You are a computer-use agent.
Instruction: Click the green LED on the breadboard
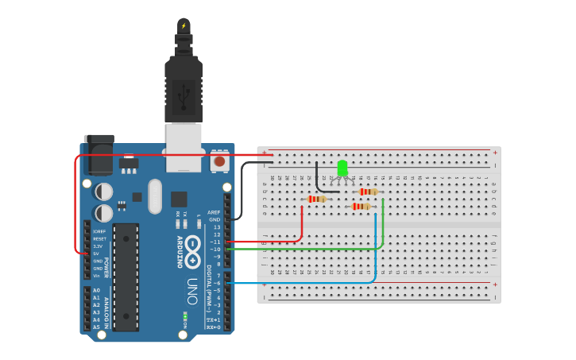tap(342, 168)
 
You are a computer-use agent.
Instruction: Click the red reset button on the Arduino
tap(219, 161)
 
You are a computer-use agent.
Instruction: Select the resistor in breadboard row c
tap(318, 199)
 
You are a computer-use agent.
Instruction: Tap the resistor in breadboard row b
tap(368, 192)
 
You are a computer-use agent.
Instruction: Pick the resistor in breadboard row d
tap(361, 207)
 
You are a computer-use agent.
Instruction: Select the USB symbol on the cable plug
tap(184, 95)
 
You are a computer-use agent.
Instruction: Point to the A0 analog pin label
tap(96, 290)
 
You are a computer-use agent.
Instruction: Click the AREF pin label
tap(214, 212)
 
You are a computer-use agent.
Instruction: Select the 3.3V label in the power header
tap(98, 246)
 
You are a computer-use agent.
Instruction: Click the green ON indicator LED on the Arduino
tap(184, 316)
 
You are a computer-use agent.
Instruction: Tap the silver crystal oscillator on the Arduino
tap(154, 195)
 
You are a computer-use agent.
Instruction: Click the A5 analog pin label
tap(96, 327)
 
